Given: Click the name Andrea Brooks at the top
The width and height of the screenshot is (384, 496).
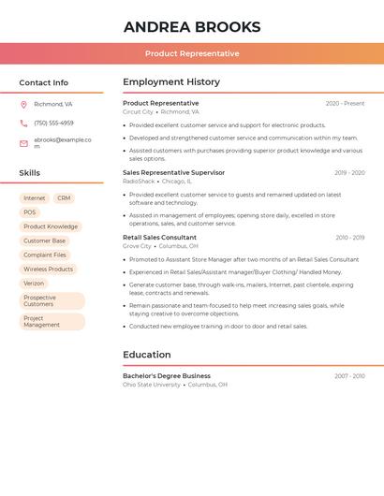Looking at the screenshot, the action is click(x=192, y=27).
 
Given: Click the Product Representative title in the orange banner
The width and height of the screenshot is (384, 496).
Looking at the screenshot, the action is click(x=192, y=53).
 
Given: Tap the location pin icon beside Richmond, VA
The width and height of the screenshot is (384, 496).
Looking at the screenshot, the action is click(x=23, y=104).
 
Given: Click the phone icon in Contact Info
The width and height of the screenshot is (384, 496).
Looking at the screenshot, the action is click(x=23, y=123).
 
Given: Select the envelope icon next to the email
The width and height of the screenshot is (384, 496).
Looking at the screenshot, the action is click(x=23, y=143).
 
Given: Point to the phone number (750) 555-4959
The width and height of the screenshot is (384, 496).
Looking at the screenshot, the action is click(x=53, y=123).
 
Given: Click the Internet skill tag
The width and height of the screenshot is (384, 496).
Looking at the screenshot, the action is click(x=35, y=198).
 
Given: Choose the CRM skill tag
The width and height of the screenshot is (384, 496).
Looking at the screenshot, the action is click(x=64, y=198).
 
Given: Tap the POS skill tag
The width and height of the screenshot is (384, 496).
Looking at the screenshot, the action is click(x=30, y=212).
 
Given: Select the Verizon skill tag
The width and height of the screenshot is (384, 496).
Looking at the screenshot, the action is click(x=34, y=283).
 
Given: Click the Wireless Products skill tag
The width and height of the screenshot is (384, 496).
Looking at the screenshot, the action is click(x=48, y=269).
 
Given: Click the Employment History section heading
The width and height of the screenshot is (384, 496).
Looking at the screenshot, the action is click(x=171, y=81).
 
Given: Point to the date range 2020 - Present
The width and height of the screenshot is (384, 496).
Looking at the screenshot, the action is click(x=345, y=104).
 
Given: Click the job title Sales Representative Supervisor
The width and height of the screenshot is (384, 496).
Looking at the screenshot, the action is click(x=173, y=172).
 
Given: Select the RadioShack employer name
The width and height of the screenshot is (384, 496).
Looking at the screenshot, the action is click(x=139, y=181).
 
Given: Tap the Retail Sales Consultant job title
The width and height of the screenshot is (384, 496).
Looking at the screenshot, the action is click(x=159, y=237).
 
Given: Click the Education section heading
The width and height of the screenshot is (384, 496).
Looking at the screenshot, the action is click(x=147, y=355).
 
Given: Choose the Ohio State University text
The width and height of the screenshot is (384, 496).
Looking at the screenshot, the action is click(x=152, y=385).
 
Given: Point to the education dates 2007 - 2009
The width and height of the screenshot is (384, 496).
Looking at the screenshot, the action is click(x=349, y=376).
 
